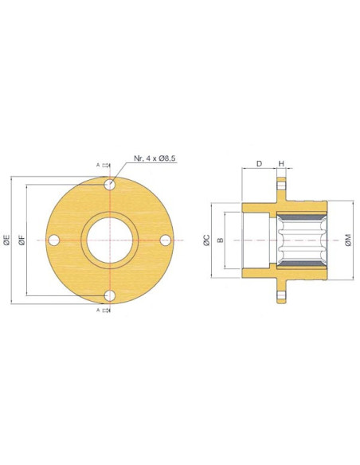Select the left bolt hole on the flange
54,240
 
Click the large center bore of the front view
111,240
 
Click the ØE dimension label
6,240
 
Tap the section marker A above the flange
98,166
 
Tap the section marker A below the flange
98,310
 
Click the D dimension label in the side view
258,164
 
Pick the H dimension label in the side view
281,164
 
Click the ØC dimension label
206,240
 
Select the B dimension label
221,240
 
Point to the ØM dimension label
348,240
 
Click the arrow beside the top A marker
107,166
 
